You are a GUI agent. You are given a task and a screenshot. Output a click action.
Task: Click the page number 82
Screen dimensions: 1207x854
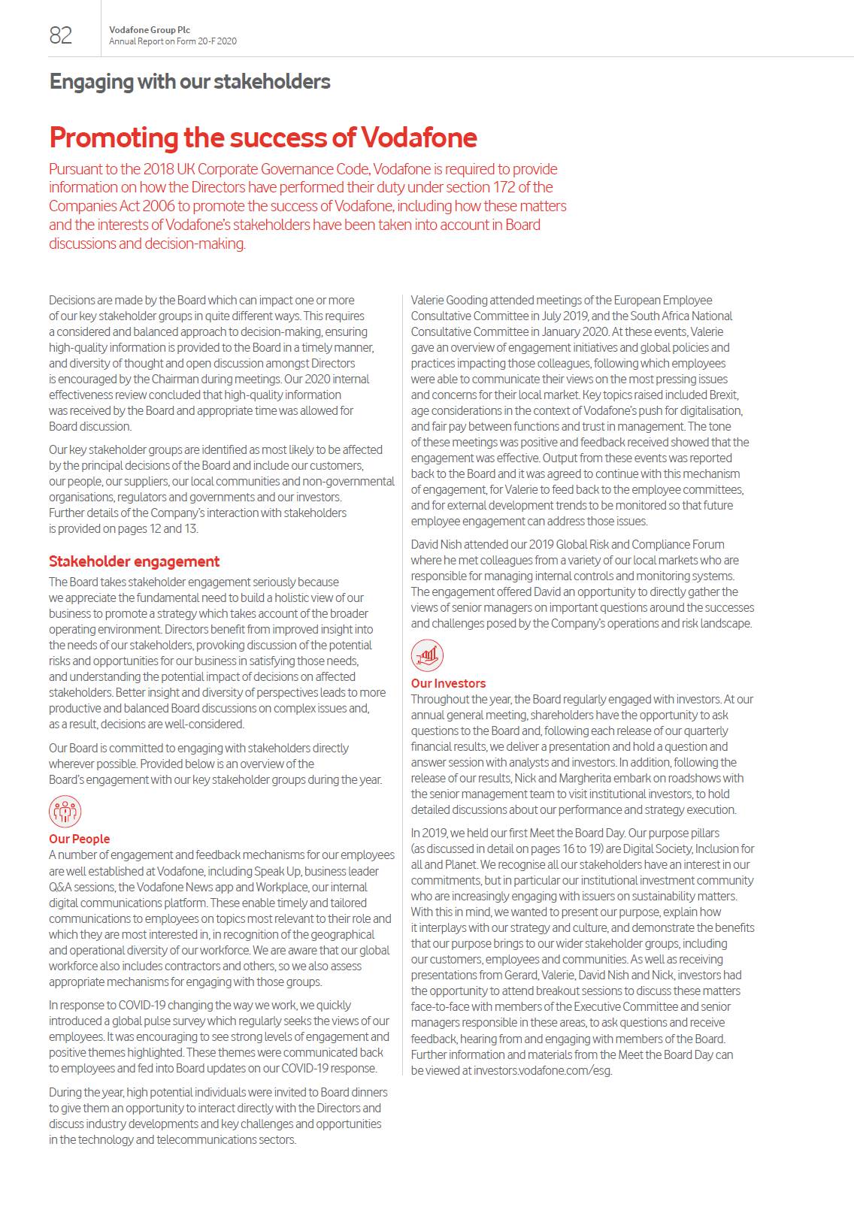61,35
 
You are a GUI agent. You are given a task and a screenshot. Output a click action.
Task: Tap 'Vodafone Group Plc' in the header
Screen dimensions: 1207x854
149,30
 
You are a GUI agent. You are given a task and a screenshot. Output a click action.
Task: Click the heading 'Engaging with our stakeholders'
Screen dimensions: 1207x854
189,81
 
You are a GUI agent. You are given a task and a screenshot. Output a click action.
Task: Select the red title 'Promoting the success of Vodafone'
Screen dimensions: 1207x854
263,138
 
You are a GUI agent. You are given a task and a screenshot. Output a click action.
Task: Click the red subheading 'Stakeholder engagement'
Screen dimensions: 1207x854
134,561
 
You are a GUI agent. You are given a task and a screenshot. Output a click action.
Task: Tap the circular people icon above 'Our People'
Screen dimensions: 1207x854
65,812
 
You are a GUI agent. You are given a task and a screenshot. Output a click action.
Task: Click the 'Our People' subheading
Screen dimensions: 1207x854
79,839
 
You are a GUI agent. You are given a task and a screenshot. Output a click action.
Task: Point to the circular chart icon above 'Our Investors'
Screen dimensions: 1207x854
427,656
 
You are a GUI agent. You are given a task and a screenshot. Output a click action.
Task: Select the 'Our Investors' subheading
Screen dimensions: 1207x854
448,683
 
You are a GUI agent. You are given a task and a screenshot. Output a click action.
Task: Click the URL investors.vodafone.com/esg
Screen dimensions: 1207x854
542,1070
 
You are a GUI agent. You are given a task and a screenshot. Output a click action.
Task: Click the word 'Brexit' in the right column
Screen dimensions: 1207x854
724,395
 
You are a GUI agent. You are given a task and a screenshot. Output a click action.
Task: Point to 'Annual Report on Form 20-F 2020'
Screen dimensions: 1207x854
172,41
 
